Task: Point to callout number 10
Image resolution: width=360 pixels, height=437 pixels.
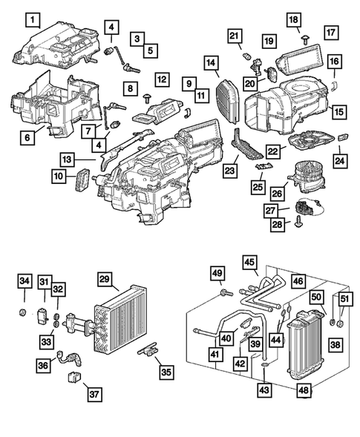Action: tap(58, 176)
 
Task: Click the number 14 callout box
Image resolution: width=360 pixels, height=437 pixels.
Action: tap(212, 63)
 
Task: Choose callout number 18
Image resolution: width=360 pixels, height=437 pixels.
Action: tap(293, 19)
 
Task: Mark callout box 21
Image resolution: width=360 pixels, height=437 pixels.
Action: tap(235, 36)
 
